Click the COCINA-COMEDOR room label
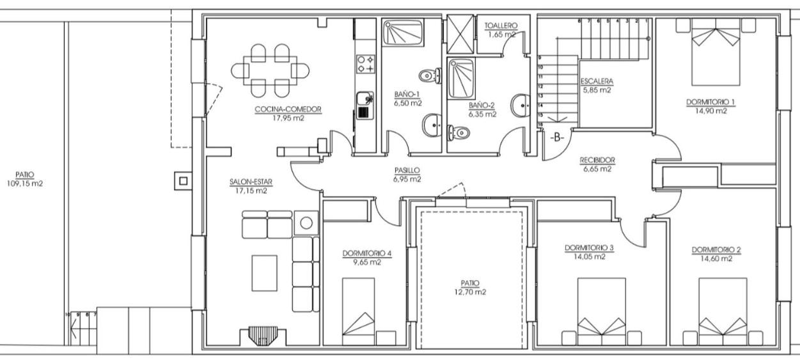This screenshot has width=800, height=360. pos(288,109)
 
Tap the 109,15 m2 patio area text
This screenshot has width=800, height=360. pos(25,184)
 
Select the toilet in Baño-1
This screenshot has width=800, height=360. pos(430,75)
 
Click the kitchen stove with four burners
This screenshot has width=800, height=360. pos(366,64)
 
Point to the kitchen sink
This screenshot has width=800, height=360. pos(365,106)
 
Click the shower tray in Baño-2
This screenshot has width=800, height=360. pos(461,79)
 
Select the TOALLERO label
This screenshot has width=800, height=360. pos(501,26)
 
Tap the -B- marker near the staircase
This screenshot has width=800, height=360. pos(557,137)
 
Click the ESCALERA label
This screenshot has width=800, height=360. pos(597,81)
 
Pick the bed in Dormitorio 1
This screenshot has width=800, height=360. pos(716,52)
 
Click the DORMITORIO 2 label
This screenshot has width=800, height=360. pos(716,250)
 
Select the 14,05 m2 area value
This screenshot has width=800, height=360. pos(589,256)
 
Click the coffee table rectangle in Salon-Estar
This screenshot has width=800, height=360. pos(264,273)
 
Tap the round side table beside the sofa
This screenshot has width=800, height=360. pos(306,223)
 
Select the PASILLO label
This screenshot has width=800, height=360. pos(407,171)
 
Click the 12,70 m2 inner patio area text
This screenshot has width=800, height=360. pos(470,292)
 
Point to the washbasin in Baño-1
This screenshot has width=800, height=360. pos(432,125)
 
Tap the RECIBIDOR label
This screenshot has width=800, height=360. pos(597,160)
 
